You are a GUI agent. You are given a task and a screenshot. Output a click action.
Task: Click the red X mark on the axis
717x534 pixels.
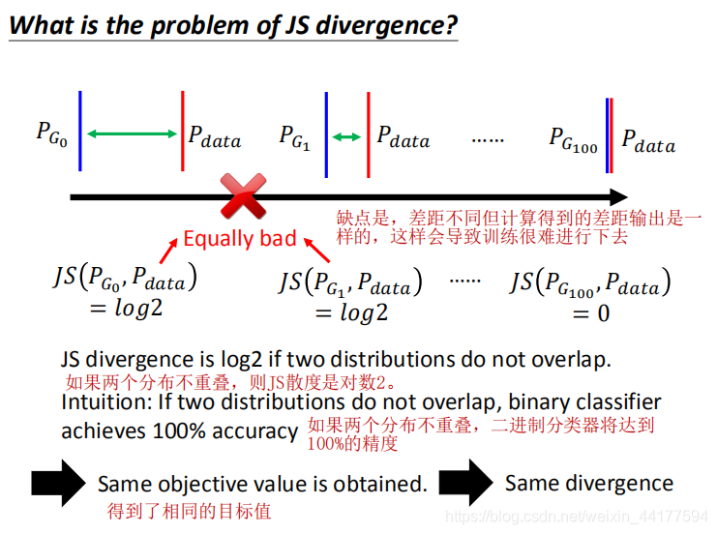point(244,196)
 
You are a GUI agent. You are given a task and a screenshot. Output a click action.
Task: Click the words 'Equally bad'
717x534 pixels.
point(239,238)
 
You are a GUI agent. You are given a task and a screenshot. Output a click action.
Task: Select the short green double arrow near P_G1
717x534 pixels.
point(346,137)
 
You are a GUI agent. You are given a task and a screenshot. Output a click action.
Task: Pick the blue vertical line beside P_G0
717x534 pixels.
point(80,131)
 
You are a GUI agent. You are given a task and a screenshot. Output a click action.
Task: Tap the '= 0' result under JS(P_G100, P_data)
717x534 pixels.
point(590,313)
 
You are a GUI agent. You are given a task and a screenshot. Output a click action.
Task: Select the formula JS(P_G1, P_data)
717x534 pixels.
point(350,282)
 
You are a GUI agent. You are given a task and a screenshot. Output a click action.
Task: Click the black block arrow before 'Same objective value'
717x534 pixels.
point(59,482)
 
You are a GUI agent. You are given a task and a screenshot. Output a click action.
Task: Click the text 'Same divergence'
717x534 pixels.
point(588,483)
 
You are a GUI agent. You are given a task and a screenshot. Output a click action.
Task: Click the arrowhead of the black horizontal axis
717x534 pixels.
point(616,197)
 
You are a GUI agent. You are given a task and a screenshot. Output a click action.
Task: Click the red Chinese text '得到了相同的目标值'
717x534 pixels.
point(189,510)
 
